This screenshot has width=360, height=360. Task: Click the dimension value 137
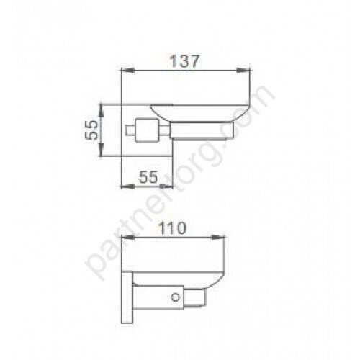(x=184, y=61)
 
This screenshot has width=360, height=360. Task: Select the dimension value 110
(x=172, y=228)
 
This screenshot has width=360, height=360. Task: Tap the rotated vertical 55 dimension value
(x=92, y=130)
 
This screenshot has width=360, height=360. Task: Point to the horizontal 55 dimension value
(x=148, y=177)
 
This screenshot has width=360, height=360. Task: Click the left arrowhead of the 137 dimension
(x=127, y=71)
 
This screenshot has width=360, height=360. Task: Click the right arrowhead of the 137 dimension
(x=244, y=71)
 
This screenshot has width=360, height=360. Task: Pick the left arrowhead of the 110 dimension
(x=127, y=238)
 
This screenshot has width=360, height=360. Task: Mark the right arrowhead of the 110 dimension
(x=219, y=238)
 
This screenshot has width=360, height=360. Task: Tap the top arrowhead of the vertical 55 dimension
(x=102, y=110)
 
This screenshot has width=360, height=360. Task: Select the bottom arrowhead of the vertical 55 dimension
(x=102, y=150)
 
